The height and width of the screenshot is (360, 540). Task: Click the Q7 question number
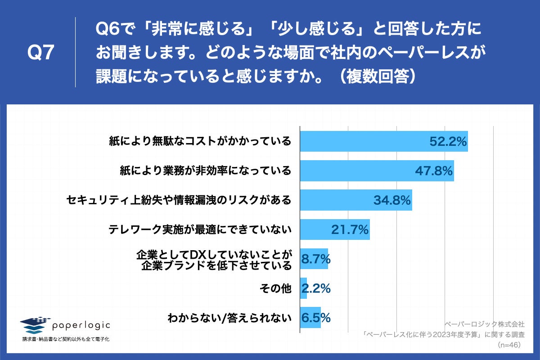pyautogui.click(x=41, y=53)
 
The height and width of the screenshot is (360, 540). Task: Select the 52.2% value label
pyautogui.click(x=447, y=142)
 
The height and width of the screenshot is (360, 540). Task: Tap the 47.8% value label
pyautogui.click(x=433, y=171)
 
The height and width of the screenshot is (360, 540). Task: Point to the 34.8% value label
pyautogui.click(x=392, y=200)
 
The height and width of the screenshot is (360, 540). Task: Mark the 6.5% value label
pyautogui.click(x=316, y=317)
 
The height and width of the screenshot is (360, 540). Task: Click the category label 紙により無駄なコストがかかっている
pyautogui.click(x=200, y=142)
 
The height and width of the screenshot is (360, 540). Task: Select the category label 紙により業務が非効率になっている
pyautogui.click(x=206, y=171)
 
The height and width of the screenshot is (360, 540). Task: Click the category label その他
pyautogui.click(x=276, y=288)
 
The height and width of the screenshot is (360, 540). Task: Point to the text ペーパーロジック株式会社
pyautogui.click(x=484, y=324)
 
